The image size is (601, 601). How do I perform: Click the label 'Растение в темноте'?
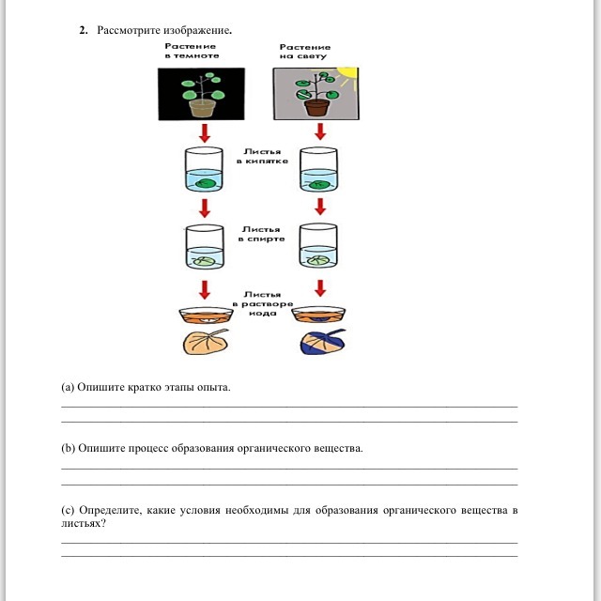(x=191, y=51)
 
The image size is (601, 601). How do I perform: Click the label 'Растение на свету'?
(x=305, y=52)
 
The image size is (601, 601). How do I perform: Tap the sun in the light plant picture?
(x=347, y=72)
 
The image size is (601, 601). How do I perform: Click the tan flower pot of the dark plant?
(x=203, y=107)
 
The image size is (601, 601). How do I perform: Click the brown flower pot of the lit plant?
(x=317, y=109)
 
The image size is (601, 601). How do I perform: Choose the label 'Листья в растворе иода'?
(x=262, y=303)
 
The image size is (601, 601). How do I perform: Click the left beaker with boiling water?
(x=203, y=170)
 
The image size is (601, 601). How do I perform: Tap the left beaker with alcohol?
(x=203, y=246)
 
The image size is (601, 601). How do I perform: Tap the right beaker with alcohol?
(x=318, y=246)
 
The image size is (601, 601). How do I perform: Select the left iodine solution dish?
(x=203, y=316)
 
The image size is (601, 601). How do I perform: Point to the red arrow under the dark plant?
(x=203, y=134)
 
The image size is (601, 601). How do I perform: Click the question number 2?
(x=83, y=31)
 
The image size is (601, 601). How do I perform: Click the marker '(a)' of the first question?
(x=68, y=387)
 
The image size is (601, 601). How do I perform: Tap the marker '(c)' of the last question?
(x=68, y=510)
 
